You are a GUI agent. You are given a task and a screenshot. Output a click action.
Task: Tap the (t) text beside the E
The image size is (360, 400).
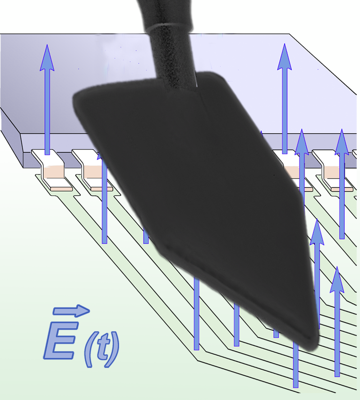pyautogui.click(x=103, y=348)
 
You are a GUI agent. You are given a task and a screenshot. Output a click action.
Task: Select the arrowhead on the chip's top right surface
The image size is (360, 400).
pyautogui.click(x=285, y=56)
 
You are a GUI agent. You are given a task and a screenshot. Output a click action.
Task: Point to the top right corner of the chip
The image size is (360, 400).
pyautogui.click(x=289, y=34)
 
